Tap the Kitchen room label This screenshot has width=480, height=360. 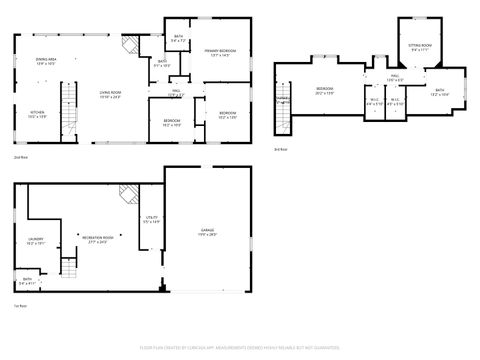click(36, 114)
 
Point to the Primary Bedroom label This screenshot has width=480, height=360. click(220, 52)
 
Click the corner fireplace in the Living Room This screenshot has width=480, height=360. click(126, 45)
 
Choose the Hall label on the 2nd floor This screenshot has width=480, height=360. click(174, 94)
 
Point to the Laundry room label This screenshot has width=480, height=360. click(35, 241)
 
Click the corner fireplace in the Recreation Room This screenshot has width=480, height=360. click(127, 193)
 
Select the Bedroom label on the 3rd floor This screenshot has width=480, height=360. click(324, 90)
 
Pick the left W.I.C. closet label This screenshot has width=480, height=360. click(373, 100)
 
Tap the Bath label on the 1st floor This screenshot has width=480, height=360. click(26, 282)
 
